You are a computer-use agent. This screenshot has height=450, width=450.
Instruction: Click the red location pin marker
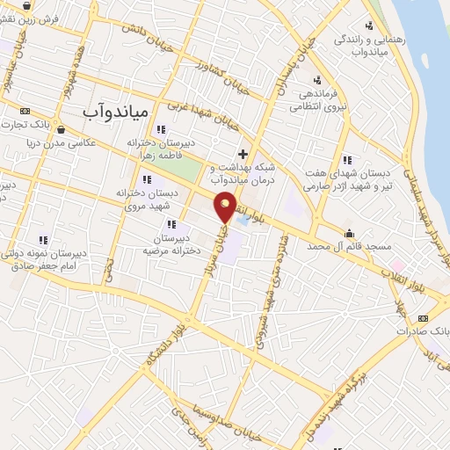[x=226, y=207]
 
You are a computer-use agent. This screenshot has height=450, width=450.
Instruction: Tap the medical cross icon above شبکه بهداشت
[x=243, y=153]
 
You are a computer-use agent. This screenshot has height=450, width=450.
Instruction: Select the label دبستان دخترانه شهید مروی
[x=148, y=198]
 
